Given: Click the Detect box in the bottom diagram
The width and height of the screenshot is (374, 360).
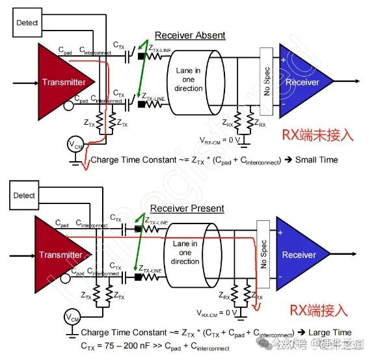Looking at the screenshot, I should click(24, 195).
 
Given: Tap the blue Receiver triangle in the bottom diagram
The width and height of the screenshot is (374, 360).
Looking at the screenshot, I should click(299, 255).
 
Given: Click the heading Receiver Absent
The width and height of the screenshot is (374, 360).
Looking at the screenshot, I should click(190, 35).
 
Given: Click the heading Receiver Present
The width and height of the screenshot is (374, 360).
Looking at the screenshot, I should click(187, 209).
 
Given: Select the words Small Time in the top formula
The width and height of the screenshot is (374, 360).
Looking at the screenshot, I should click(315, 159).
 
